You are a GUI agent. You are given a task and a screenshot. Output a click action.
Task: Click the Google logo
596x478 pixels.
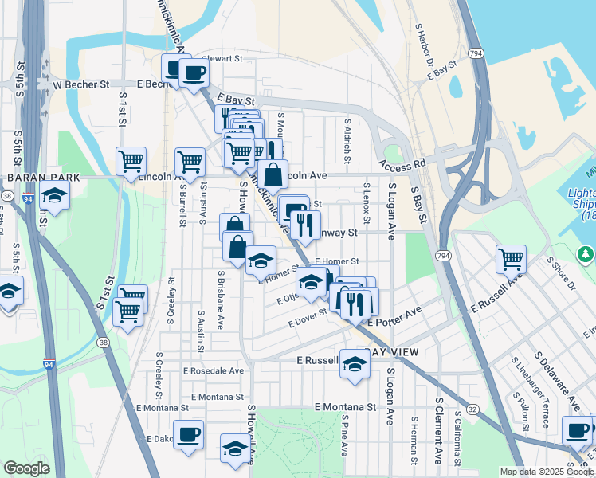(25, 468)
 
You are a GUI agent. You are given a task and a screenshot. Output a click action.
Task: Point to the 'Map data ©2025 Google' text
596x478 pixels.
(546, 472)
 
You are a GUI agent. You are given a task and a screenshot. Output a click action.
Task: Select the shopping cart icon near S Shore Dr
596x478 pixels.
(511, 259)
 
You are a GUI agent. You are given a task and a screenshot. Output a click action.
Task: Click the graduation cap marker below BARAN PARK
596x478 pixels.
(54, 195)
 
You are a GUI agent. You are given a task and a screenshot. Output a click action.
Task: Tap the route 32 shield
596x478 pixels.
(472, 409)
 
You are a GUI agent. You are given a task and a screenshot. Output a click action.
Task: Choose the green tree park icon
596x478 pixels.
(586, 254)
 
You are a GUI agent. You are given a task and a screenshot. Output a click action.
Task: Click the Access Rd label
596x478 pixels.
(403, 166)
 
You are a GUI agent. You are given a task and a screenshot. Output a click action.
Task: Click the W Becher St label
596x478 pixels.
(80, 84)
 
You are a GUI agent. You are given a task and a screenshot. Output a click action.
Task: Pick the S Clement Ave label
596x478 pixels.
(438, 431)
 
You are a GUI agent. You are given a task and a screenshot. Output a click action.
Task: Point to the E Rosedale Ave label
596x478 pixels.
(213, 371)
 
